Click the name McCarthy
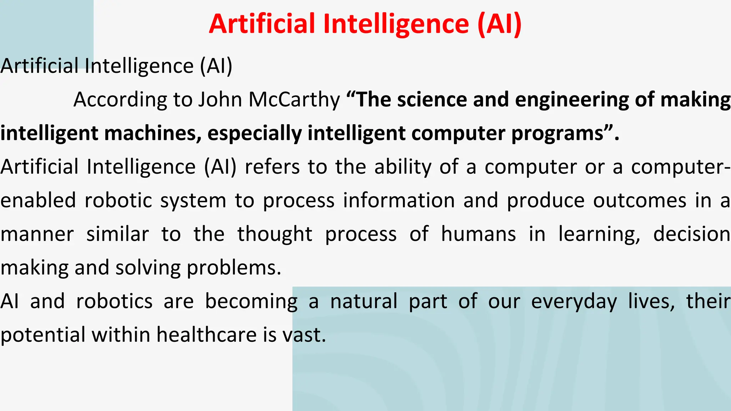pos(294,100)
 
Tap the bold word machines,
pos(153,133)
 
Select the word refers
pos(272,167)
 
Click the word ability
pos(403,167)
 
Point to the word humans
pos(478,234)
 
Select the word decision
pos(691,234)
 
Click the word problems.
pos(234,268)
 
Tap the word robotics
pos(114,301)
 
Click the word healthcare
pos(207,335)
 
